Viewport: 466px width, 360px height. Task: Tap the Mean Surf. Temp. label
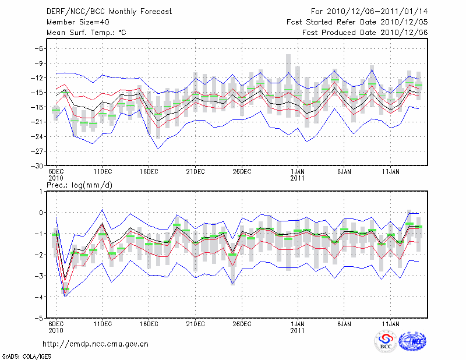click(86, 32)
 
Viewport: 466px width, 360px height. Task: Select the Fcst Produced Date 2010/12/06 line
click(365, 32)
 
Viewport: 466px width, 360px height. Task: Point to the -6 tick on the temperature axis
click(40, 48)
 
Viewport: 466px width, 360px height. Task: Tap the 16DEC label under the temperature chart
click(149, 172)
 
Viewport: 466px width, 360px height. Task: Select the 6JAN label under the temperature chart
click(344, 172)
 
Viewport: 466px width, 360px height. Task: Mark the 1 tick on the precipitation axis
click(41, 191)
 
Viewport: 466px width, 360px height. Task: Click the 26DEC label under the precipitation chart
click(242, 324)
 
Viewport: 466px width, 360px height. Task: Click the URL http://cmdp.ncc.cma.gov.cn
click(96, 344)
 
